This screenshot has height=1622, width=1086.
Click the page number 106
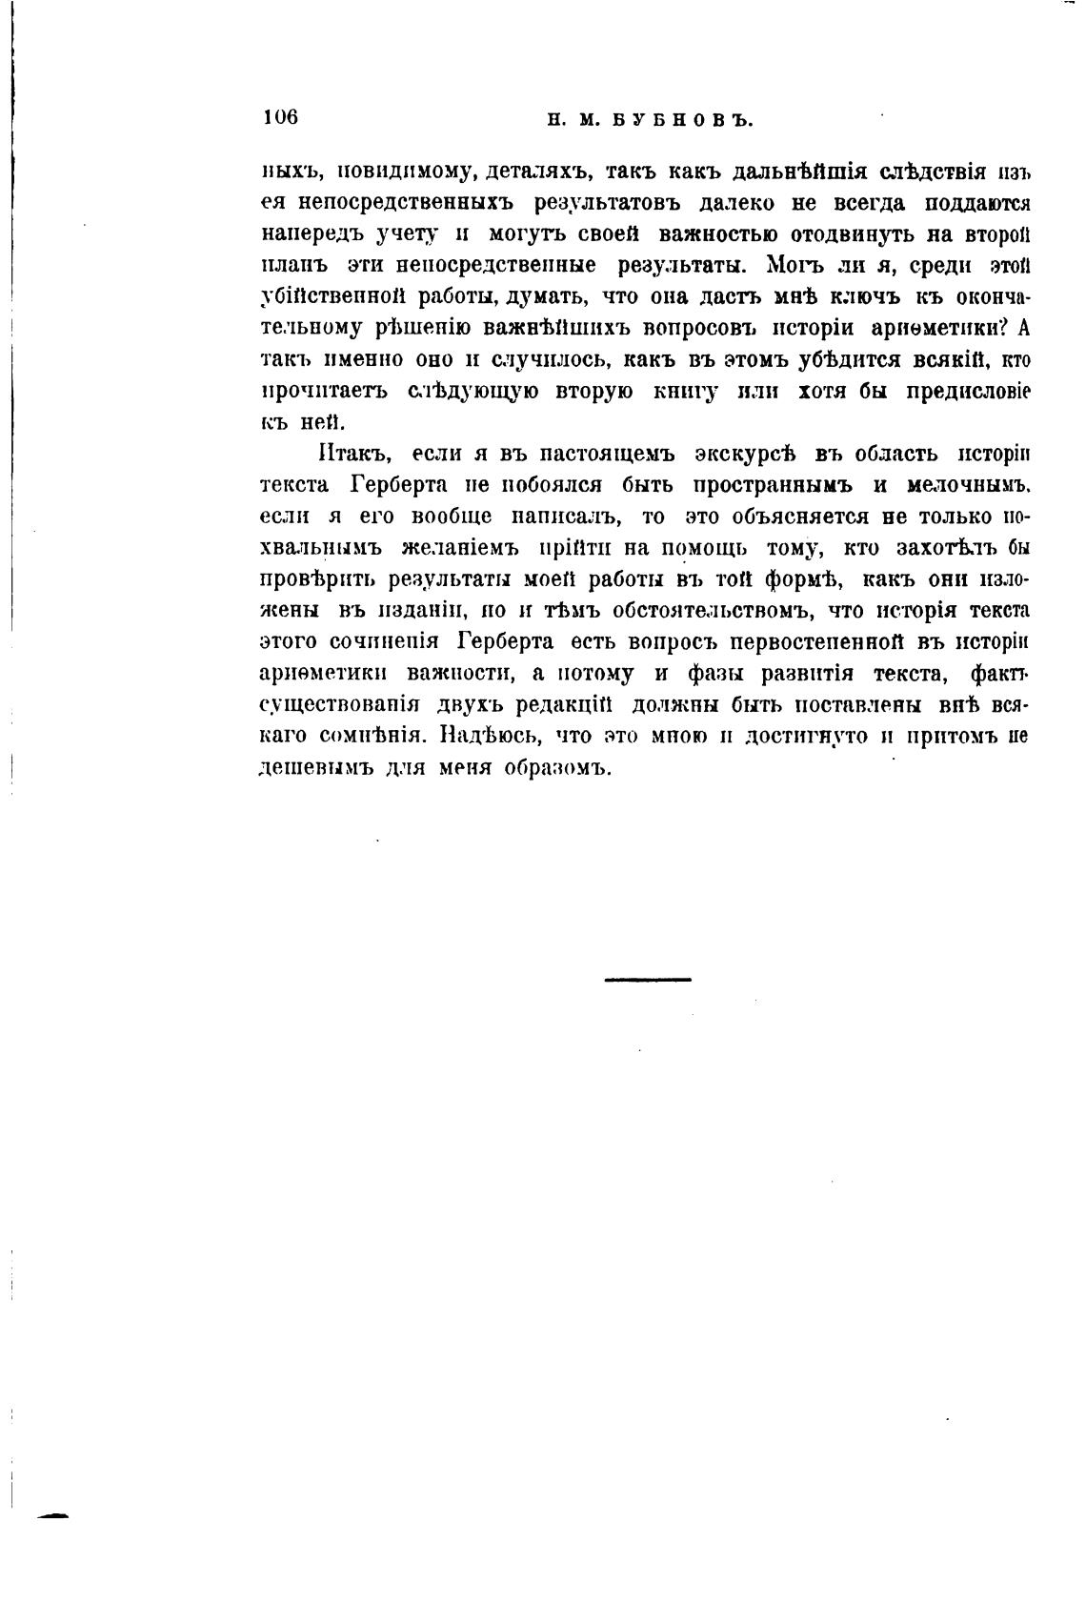[x=280, y=117]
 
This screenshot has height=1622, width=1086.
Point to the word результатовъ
[x=608, y=203]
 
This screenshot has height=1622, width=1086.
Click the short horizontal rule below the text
[x=648, y=979]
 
